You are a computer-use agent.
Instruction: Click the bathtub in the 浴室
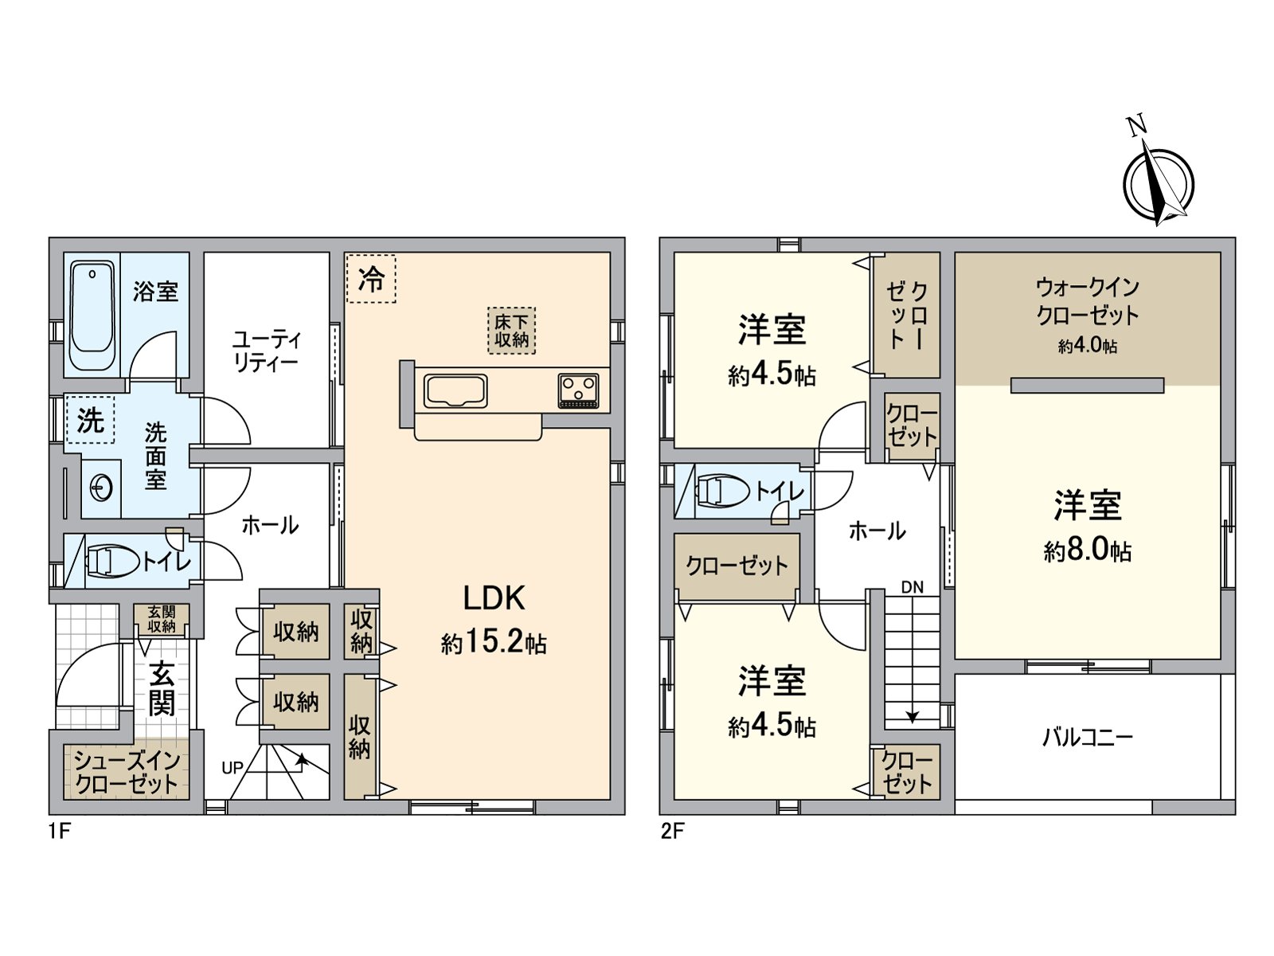pyautogui.click(x=92, y=316)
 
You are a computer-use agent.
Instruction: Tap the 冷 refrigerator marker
pyautogui.click(x=371, y=279)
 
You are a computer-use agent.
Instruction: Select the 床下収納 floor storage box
pyautogui.click(x=511, y=331)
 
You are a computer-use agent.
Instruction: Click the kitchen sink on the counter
pyautogui.click(x=455, y=391)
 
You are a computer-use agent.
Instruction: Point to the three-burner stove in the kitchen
pyautogui.click(x=579, y=391)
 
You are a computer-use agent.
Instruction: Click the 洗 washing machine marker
pyautogui.click(x=90, y=420)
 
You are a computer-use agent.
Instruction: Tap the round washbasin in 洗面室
pyautogui.click(x=101, y=488)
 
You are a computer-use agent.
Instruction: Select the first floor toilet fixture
pyautogui.click(x=111, y=561)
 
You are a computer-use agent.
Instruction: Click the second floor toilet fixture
pyautogui.click(x=722, y=491)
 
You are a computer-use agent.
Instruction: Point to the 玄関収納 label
pyautogui.click(x=161, y=619)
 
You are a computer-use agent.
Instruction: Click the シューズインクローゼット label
pyautogui.click(x=127, y=772)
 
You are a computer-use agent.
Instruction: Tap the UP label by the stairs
pyautogui.click(x=233, y=768)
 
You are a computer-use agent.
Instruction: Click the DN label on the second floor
pyautogui.click(x=913, y=587)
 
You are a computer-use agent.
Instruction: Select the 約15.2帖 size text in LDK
pyautogui.click(x=494, y=642)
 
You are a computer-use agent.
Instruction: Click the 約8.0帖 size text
pyautogui.click(x=1088, y=550)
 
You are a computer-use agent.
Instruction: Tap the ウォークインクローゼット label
pyautogui.click(x=1088, y=301)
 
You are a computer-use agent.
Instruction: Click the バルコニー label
pyautogui.click(x=1088, y=737)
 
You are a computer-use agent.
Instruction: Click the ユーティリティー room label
pyautogui.click(x=266, y=351)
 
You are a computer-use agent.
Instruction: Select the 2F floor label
pyautogui.click(x=672, y=831)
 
